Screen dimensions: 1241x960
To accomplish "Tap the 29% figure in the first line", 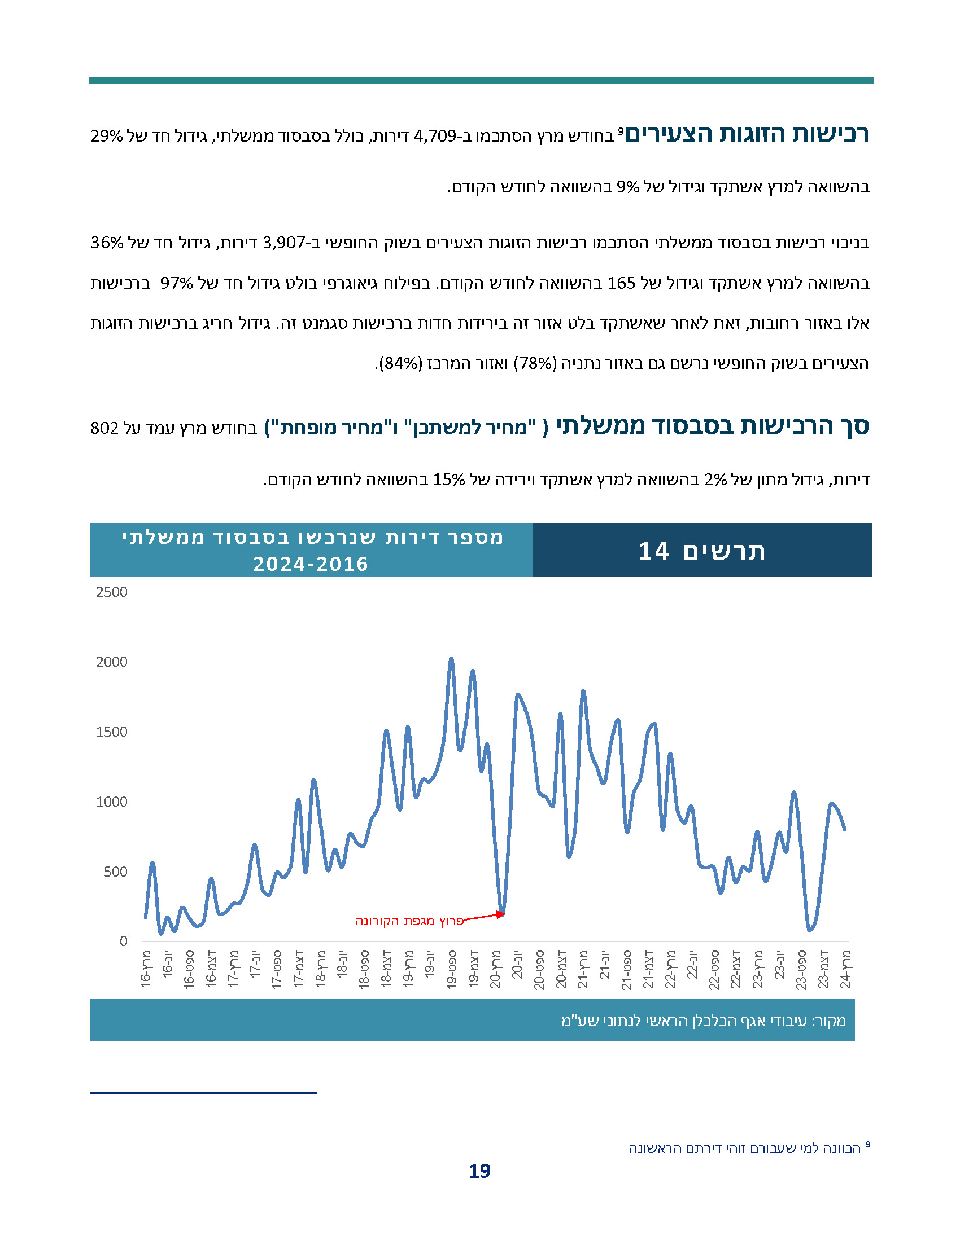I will (x=106, y=137).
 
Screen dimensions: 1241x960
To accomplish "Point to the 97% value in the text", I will (x=176, y=283).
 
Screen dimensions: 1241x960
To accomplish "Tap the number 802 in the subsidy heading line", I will (x=104, y=429).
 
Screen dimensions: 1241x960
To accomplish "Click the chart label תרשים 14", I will (x=702, y=551).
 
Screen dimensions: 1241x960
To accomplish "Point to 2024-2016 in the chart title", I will (x=311, y=564).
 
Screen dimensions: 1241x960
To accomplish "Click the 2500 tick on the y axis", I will (x=112, y=592).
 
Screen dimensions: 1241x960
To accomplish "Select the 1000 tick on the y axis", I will (x=112, y=802).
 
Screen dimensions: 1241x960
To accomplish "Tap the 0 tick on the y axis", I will (x=124, y=941).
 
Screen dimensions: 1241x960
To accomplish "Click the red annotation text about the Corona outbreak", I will (x=409, y=921).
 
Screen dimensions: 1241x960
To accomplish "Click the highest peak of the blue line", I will (x=451, y=659).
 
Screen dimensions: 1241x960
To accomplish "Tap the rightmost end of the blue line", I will (x=845, y=830).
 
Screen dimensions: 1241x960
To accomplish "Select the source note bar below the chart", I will (x=472, y=1021).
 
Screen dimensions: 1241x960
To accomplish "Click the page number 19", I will (x=479, y=1171).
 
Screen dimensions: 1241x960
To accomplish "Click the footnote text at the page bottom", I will (x=745, y=1148).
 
